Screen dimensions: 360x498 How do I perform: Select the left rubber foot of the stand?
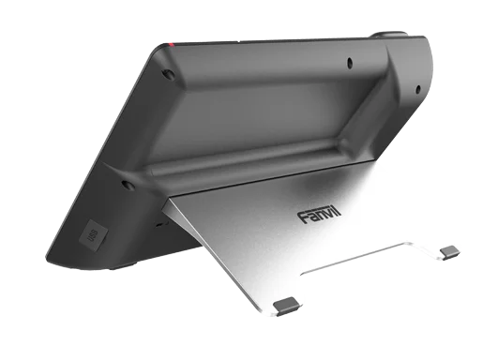click(x=289, y=304)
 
